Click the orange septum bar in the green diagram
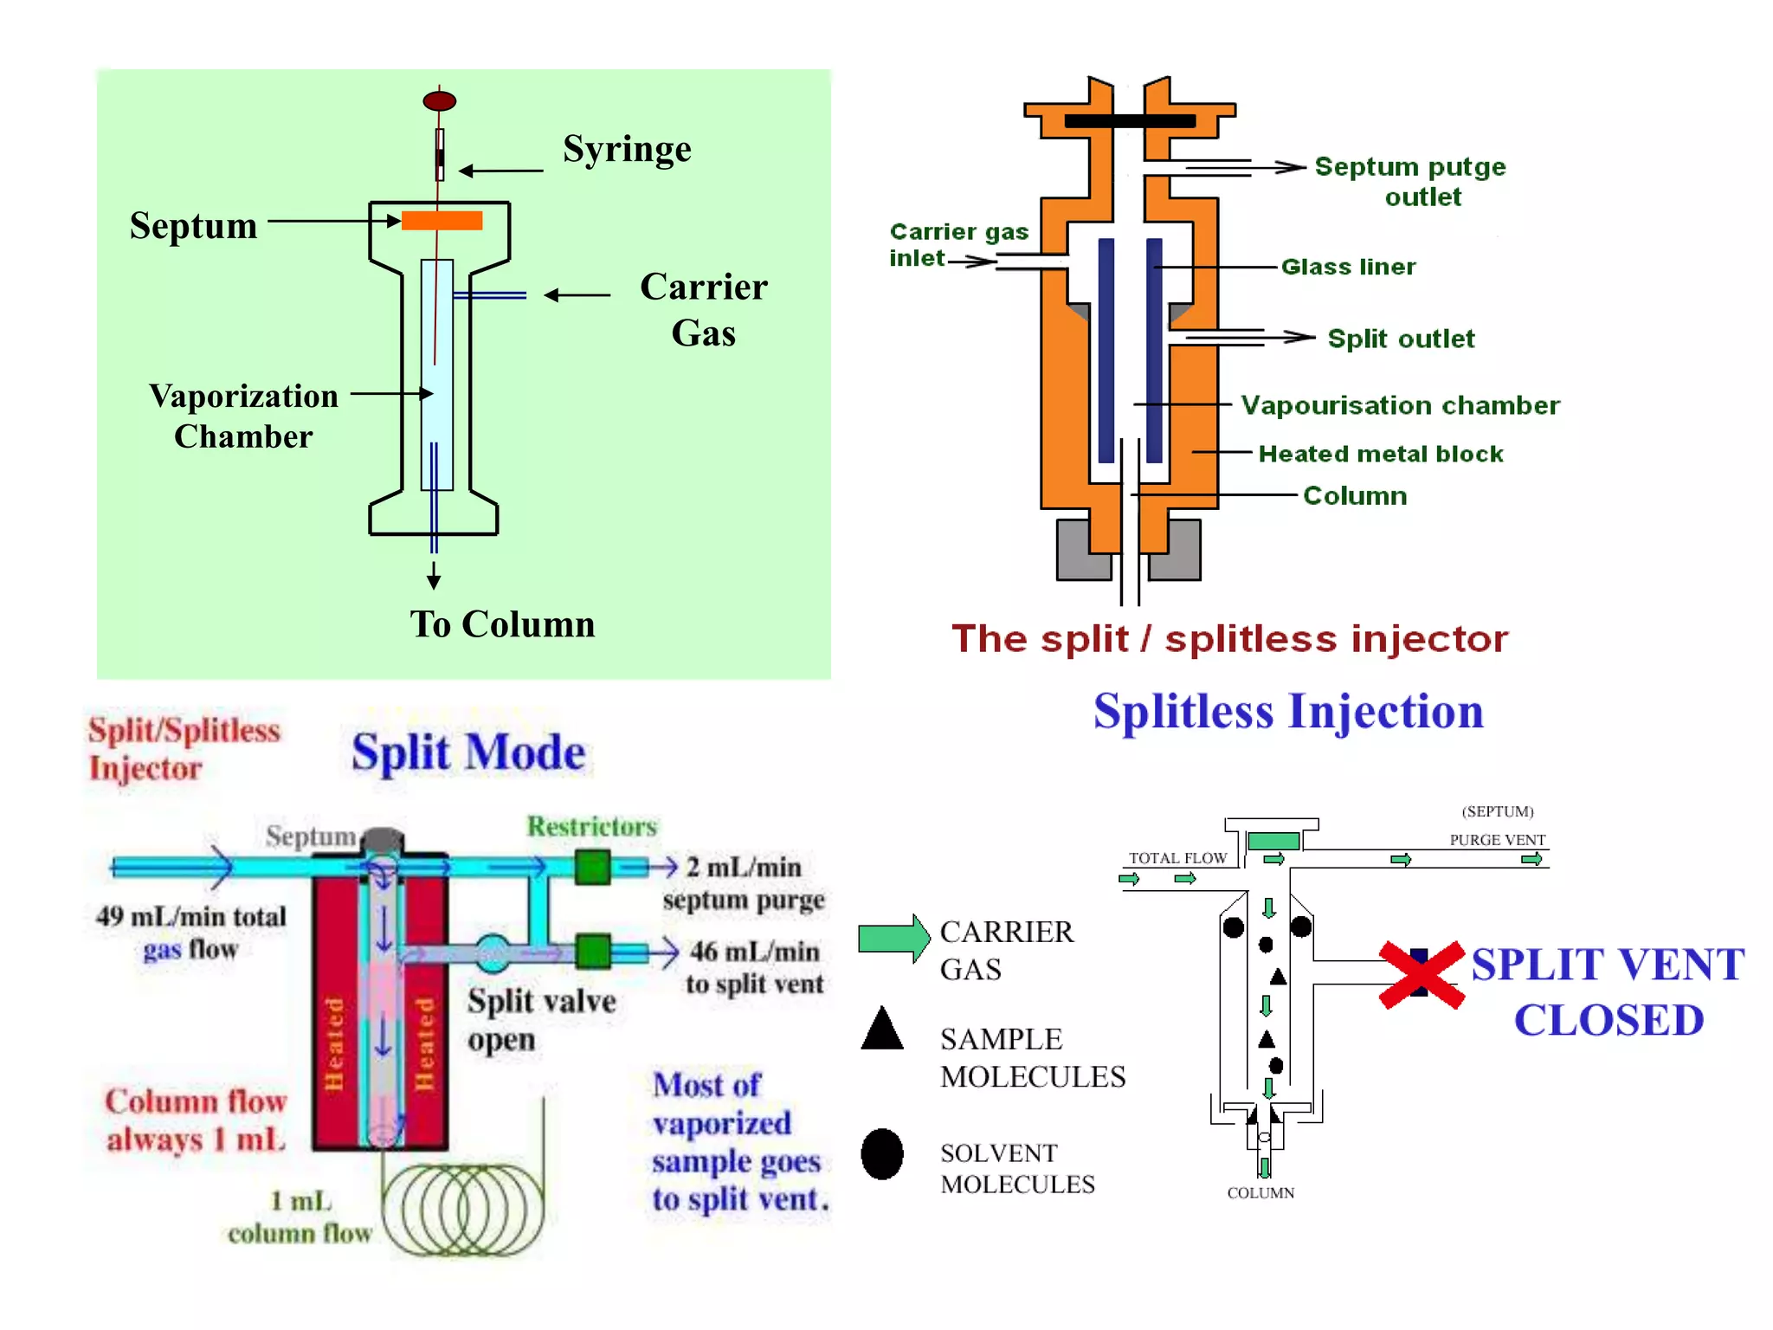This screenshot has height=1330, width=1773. click(x=442, y=221)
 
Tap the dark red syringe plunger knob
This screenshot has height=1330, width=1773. click(x=439, y=101)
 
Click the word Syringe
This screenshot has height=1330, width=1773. click(x=627, y=150)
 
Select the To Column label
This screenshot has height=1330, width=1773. click(x=502, y=624)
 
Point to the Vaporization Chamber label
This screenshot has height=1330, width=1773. click(x=243, y=416)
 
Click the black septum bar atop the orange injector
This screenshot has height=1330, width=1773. click(x=1129, y=121)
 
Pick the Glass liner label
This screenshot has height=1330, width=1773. click(x=1348, y=267)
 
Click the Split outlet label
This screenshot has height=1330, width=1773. click(x=1400, y=339)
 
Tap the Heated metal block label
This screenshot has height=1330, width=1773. click(x=1380, y=454)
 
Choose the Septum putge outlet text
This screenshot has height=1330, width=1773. click(x=1410, y=181)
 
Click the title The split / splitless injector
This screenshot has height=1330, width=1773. click(x=1229, y=639)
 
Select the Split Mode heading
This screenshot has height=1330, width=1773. click(x=468, y=752)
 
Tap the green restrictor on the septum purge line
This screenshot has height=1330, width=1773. click(x=593, y=867)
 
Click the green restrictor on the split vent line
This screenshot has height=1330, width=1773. click(x=593, y=951)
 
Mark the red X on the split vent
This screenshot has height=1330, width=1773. click(x=1421, y=974)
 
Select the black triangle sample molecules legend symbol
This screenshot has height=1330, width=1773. click(x=882, y=1030)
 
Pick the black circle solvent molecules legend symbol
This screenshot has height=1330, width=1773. click(x=882, y=1153)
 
